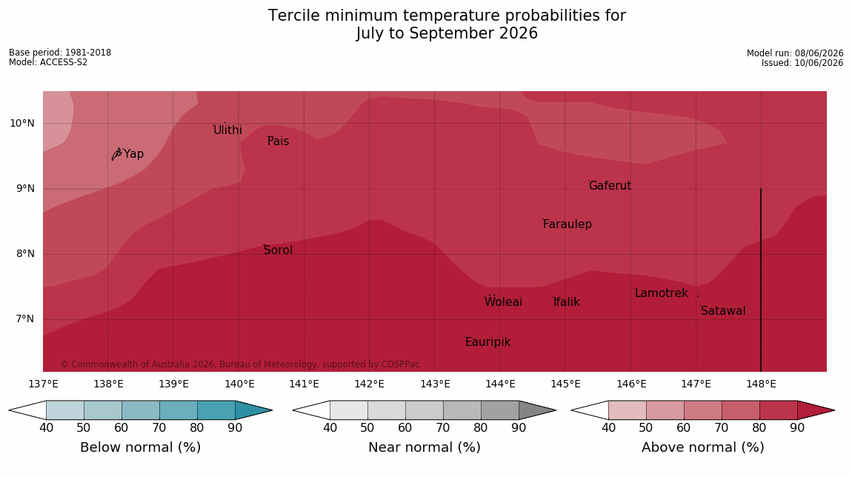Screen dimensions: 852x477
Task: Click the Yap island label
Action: [x=133, y=154]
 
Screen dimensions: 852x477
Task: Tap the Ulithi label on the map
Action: [x=227, y=130]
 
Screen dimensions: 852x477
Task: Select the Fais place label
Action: [x=279, y=141]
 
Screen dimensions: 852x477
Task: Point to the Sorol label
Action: [x=279, y=250]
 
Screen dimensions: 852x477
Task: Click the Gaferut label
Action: [x=610, y=186]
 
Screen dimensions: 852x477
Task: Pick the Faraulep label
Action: [x=568, y=224]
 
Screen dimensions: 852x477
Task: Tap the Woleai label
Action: [x=503, y=301]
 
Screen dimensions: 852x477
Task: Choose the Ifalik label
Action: [x=567, y=301]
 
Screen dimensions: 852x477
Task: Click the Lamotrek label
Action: [x=662, y=293]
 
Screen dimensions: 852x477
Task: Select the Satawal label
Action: [x=723, y=311]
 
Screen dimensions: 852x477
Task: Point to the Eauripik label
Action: [x=488, y=341]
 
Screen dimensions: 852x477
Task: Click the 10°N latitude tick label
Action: [x=21, y=124]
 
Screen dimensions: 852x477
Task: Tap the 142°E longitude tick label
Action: [x=370, y=384]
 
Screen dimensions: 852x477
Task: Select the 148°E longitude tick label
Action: [x=762, y=384]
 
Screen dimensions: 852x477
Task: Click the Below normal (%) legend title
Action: [x=141, y=447]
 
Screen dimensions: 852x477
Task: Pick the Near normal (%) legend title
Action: [x=425, y=447]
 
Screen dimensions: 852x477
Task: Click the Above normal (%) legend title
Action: [x=703, y=447]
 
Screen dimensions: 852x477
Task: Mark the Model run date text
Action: [x=795, y=53]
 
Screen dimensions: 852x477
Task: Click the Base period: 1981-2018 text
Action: [x=60, y=53]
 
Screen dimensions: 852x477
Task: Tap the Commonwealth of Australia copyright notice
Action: [x=239, y=364]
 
